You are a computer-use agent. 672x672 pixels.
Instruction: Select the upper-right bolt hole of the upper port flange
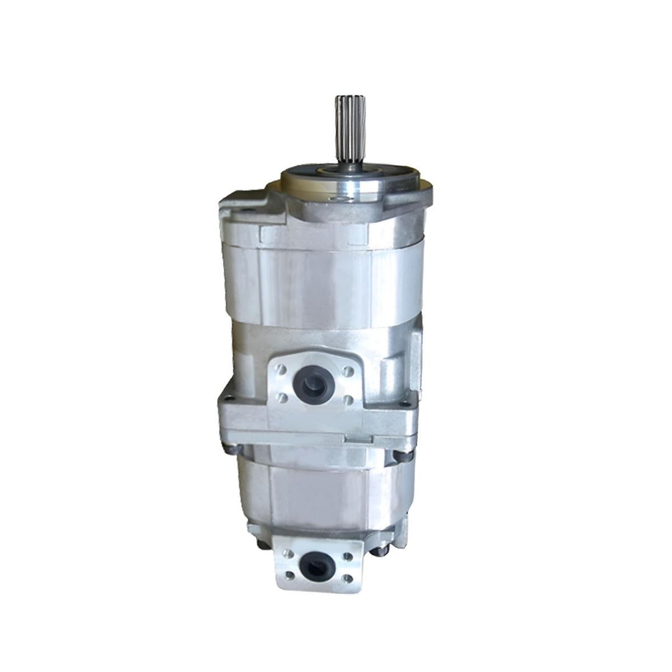348,371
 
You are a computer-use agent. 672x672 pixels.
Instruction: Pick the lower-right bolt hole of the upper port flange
348,399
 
